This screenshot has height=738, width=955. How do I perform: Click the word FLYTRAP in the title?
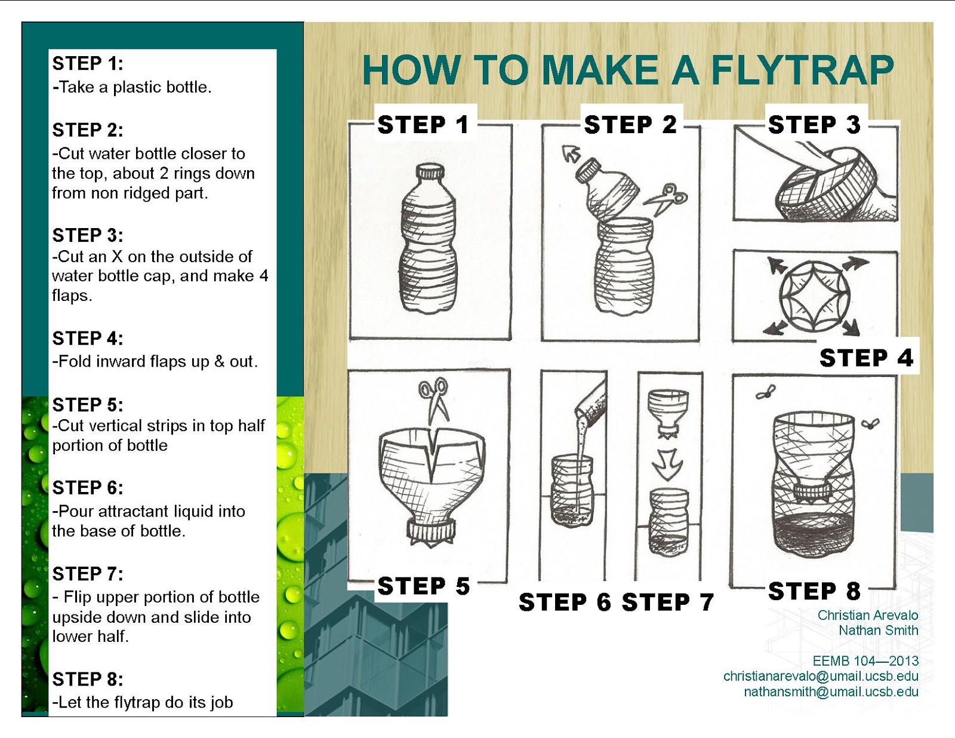[x=802, y=70]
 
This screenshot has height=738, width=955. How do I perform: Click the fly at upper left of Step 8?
[x=765, y=392]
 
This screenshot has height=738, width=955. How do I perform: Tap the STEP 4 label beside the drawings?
[x=866, y=358]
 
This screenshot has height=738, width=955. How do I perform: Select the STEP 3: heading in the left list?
[x=88, y=235]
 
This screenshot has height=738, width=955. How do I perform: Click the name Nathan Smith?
[x=878, y=630]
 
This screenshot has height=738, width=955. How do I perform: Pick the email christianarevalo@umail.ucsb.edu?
[x=821, y=676]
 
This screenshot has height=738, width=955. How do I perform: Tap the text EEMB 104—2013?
[x=865, y=660]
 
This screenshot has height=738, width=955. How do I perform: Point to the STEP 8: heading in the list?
[x=88, y=679]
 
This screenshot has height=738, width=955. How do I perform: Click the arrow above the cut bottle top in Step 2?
[x=571, y=153]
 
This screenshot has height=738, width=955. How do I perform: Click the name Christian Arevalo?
[x=867, y=615]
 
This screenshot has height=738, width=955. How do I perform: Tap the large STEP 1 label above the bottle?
[x=423, y=125]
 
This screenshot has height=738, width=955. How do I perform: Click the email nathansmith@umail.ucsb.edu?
[x=831, y=691]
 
